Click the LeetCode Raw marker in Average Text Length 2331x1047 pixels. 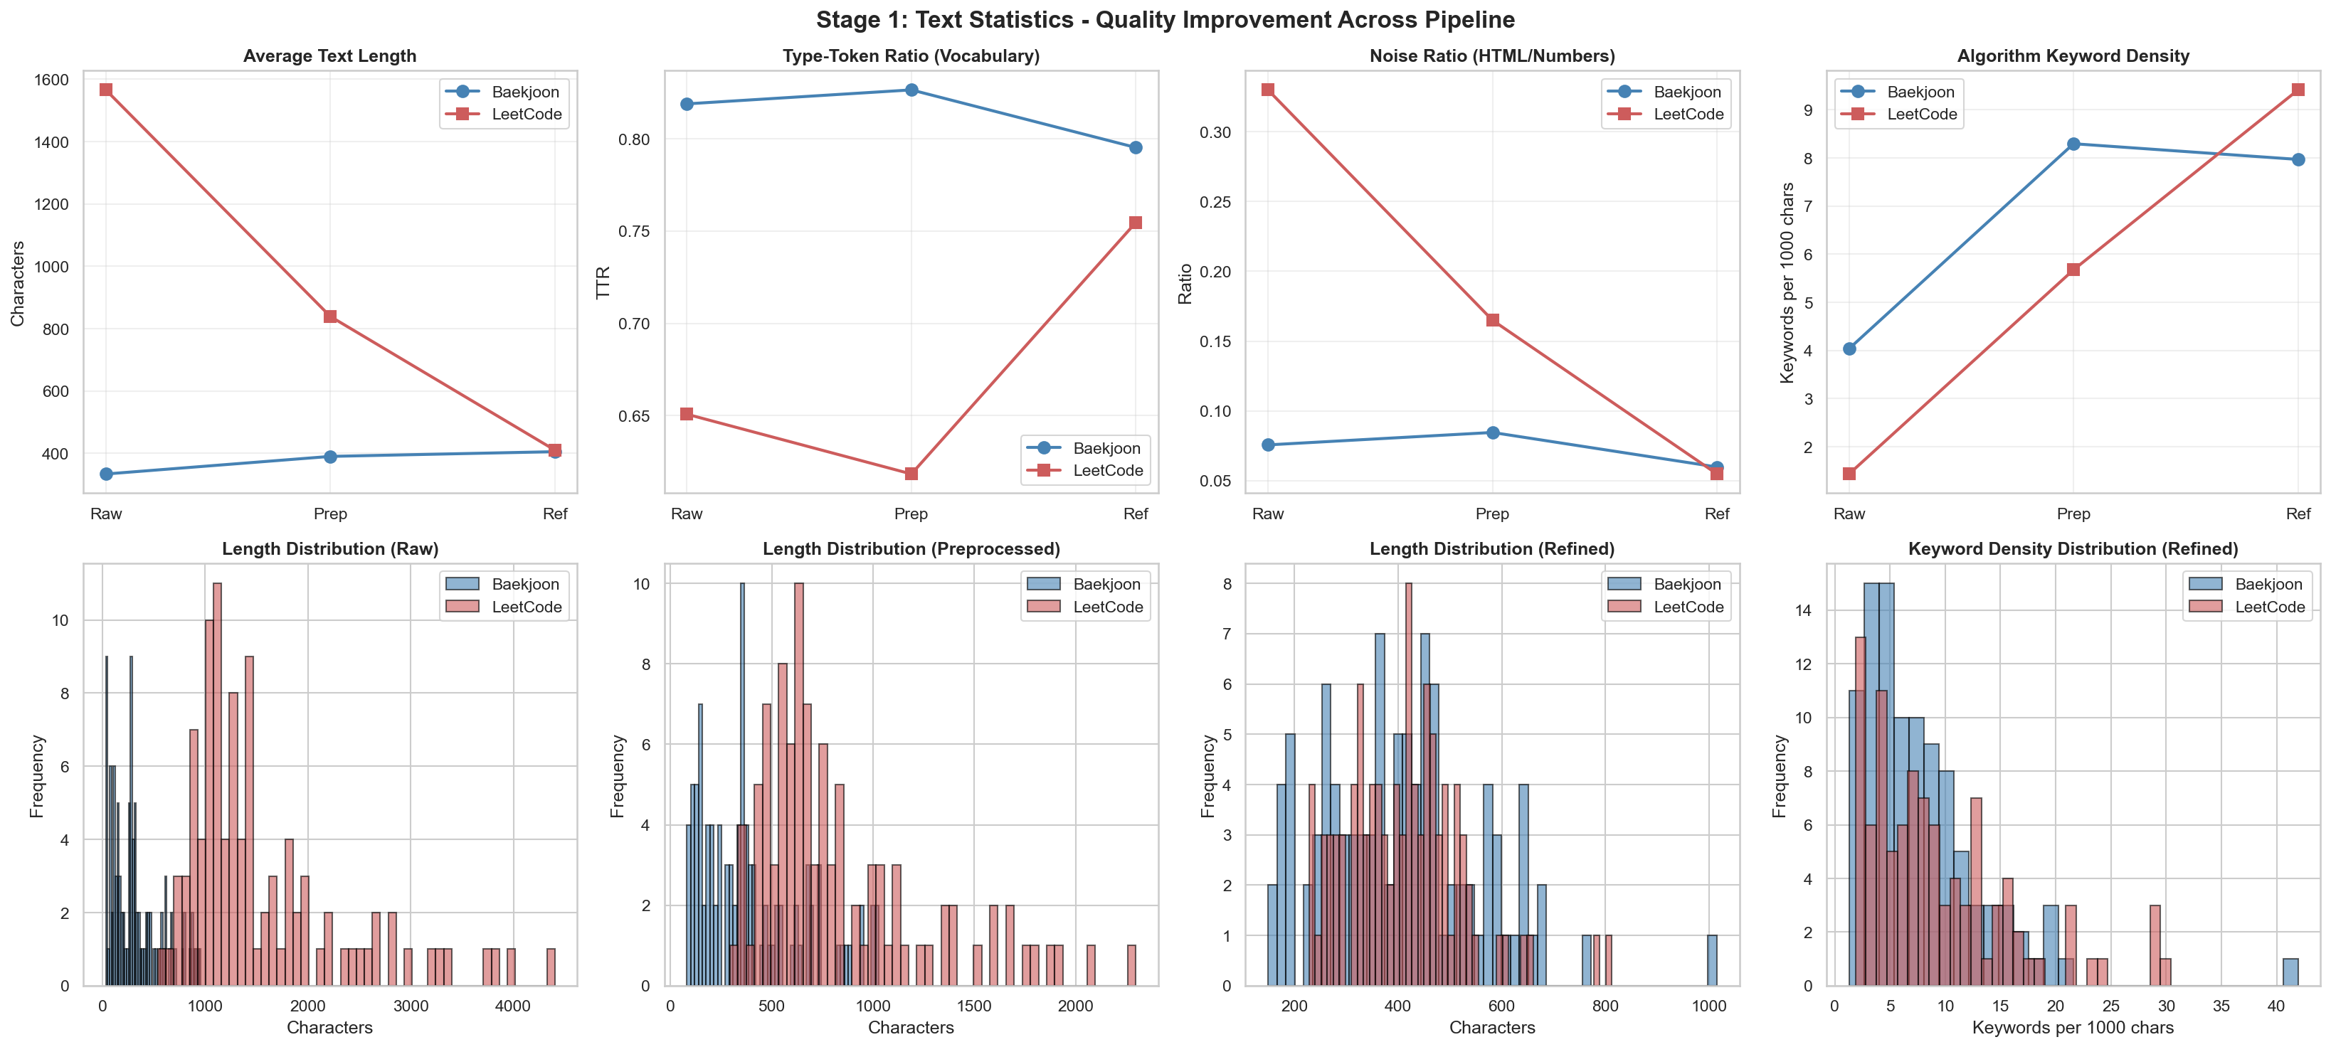coord(106,90)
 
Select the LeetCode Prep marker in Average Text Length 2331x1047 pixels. coord(330,317)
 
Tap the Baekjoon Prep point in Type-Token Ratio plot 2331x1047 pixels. coord(911,90)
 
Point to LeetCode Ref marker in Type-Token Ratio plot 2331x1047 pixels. coord(1136,223)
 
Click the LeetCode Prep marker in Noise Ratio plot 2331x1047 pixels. coord(1492,320)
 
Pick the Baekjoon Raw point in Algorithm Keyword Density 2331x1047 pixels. coord(1849,349)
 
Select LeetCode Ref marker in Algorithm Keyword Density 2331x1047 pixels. coord(2298,90)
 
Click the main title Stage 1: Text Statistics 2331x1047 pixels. coord(1165,20)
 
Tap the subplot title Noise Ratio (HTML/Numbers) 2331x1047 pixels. coord(1492,56)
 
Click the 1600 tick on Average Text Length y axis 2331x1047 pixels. coord(51,80)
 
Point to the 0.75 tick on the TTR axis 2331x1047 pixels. coord(633,232)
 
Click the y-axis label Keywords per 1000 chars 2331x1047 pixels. coord(1787,282)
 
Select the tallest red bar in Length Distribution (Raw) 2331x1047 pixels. coord(217,784)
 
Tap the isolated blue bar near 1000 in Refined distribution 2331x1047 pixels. coord(1712,961)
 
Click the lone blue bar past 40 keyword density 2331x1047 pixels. coord(2290,972)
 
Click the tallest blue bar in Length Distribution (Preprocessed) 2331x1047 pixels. coord(742,784)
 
